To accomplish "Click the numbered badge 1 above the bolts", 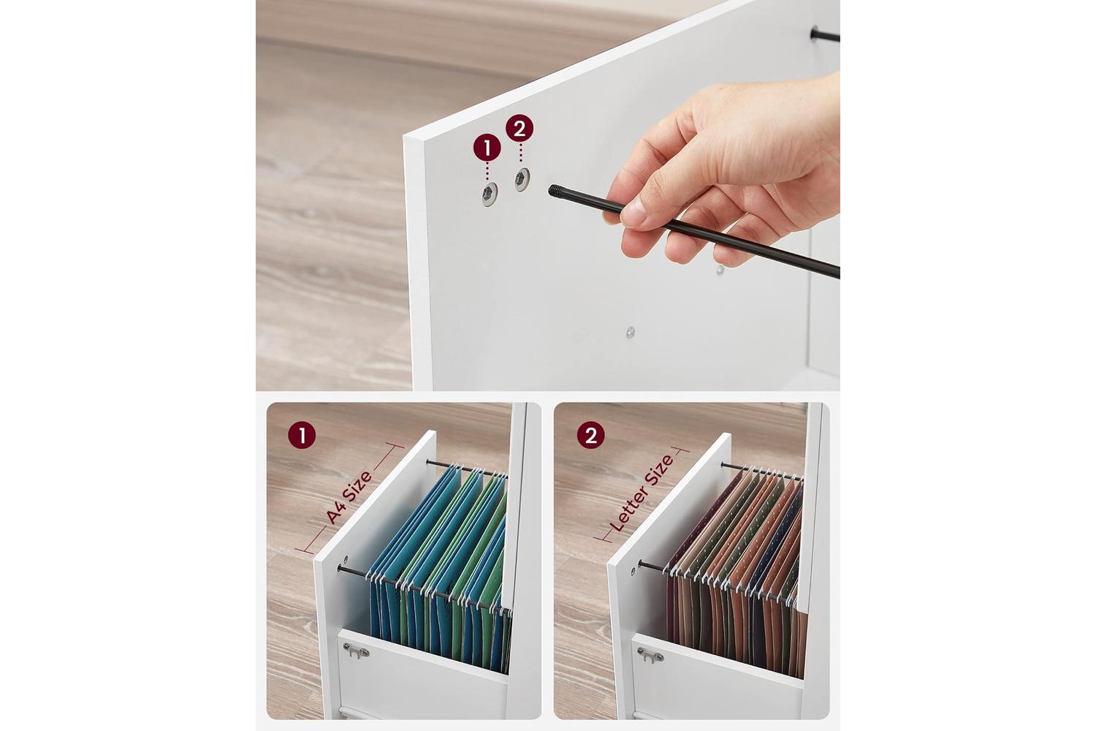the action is tap(487, 148).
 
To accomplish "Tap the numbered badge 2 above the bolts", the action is tap(520, 128).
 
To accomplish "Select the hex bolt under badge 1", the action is tap(489, 194).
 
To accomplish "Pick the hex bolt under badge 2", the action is tap(522, 179).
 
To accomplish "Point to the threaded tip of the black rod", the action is tap(555, 191).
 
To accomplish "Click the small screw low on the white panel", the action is tap(630, 333).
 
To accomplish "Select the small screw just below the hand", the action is tap(720, 270).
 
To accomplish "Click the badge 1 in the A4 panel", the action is tap(302, 435).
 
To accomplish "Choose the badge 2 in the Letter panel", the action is tap(590, 435).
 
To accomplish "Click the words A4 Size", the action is tap(349, 498).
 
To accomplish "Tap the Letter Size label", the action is tap(641, 493).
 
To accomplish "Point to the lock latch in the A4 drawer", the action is tap(356, 651).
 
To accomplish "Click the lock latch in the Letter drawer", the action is tap(650, 655).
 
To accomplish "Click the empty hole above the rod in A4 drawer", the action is tap(346, 558).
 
